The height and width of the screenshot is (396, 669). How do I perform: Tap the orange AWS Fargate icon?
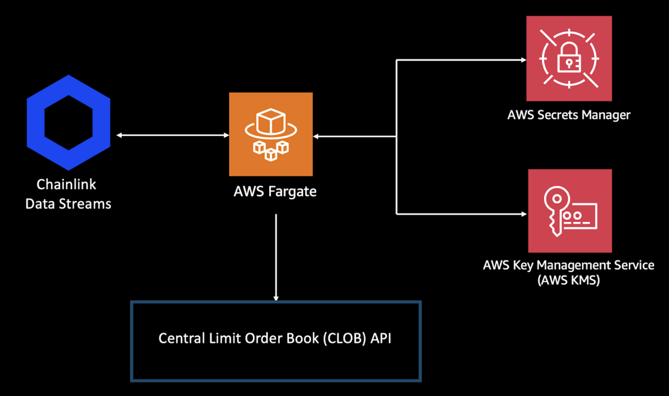click(x=271, y=134)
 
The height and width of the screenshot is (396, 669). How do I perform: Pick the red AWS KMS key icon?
click(x=570, y=211)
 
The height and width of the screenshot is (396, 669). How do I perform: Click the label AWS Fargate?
click(x=275, y=192)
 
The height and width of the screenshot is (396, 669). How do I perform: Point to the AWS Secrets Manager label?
click(x=569, y=115)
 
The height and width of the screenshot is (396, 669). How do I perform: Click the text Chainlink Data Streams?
click(x=68, y=194)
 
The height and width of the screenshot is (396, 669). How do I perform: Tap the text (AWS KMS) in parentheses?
click(x=569, y=280)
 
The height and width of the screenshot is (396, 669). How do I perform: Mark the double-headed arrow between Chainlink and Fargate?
click(x=172, y=136)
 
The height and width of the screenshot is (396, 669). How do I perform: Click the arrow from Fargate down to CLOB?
click(x=275, y=257)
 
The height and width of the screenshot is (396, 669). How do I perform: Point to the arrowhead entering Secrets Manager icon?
click(x=523, y=59)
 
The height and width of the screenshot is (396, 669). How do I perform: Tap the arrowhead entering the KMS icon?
click(x=523, y=213)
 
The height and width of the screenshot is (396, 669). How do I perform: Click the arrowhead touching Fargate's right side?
click(x=317, y=136)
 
